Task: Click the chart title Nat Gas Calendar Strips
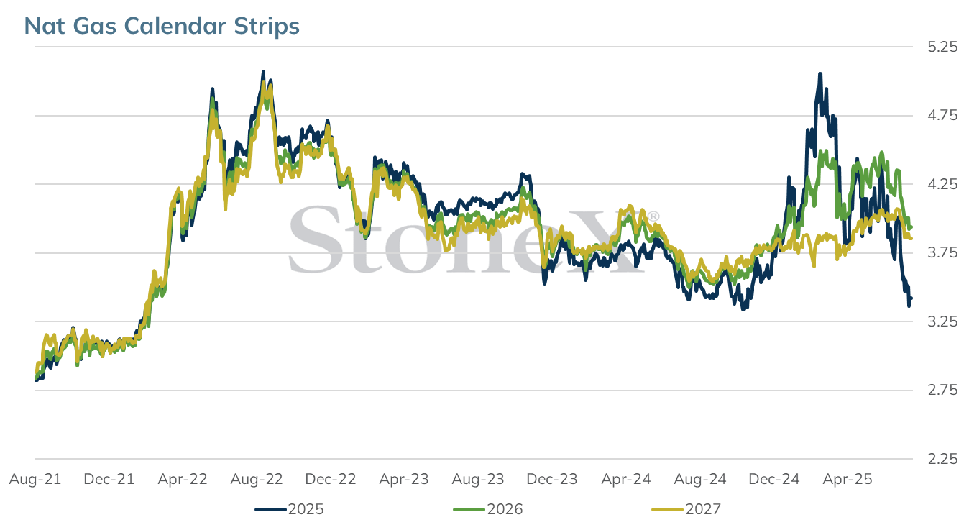pyautogui.click(x=162, y=26)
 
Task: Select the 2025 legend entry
pyautogui.click(x=289, y=509)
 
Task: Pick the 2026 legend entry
pyautogui.click(x=488, y=509)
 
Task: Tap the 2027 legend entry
pyautogui.click(x=686, y=509)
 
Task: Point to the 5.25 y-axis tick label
pyautogui.click(x=942, y=47)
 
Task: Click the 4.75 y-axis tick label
pyautogui.click(x=942, y=116)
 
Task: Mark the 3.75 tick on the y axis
pyautogui.click(x=942, y=252)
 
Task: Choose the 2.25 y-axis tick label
pyautogui.click(x=942, y=459)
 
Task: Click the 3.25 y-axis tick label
pyautogui.click(x=942, y=321)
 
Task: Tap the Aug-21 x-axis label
pyautogui.click(x=35, y=479)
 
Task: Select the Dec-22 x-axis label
pyautogui.click(x=331, y=479)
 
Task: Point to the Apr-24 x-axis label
pyautogui.click(x=626, y=479)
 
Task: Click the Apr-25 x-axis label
pyautogui.click(x=848, y=479)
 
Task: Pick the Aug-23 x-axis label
pyautogui.click(x=478, y=479)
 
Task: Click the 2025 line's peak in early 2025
pyautogui.click(x=819, y=74)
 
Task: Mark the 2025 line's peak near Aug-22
pyautogui.click(x=263, y=72)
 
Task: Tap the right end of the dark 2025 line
pyautogui.click(x=911, y=298)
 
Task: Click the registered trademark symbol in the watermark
pyautogui.click(x=653, y=216)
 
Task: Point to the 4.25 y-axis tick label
pyautogui.click(x=942, y=184)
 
